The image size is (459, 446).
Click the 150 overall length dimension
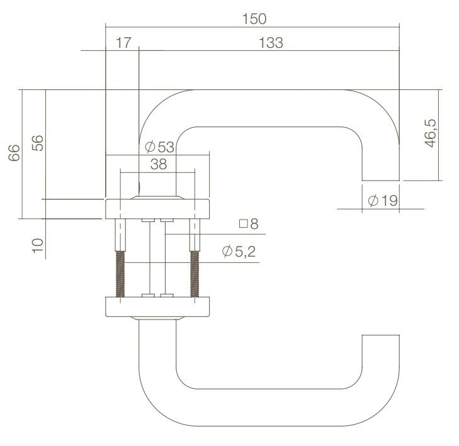254,18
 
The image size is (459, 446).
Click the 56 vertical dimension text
37,143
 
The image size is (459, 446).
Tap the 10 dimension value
37,245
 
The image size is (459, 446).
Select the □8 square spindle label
249,223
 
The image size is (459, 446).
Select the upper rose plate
157,208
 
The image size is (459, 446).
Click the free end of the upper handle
382,170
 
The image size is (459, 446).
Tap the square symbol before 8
242,223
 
